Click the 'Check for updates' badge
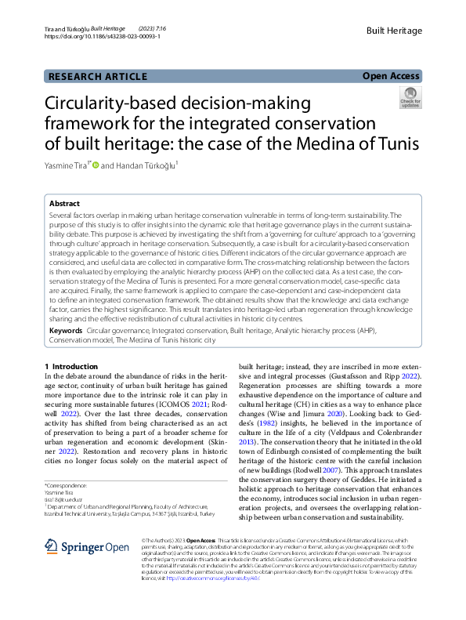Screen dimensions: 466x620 pyautogui.click(x=410, y=98)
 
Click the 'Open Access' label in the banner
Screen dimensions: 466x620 pyautogui.click(x=392, y=76)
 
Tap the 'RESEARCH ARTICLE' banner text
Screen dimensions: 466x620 pyautogui.click(x=98, y=76)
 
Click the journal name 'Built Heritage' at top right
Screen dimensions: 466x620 pyautogui.click(x=394, y=31)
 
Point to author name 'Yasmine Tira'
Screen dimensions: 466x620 pyautogui.click(x=67, y=165)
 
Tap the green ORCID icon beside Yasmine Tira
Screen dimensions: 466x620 pyautogui.click(x=96, y=165)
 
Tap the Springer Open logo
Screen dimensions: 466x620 pyautogui.click(x=75, y=546)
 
